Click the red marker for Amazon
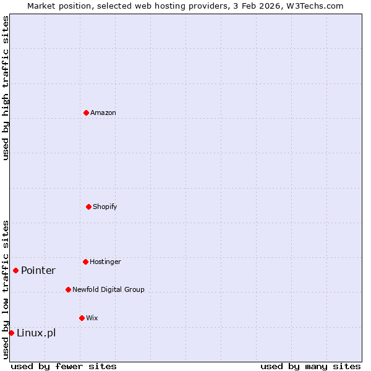click(x=86, y=113)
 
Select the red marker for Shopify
click(x=88, y=207)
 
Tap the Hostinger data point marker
click(x=85, y=262)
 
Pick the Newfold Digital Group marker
click(x=68, y=289)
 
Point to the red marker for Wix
click(x=82, y=318)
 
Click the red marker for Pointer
click(x=15, y=270)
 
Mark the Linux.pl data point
click(x=11, y=333)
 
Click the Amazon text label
click(x=103, y=113)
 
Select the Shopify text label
click(x=105, y=207)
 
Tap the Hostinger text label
click(x=105, y=262)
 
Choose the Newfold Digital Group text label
click(x=108, y=289)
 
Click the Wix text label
click(x=92, y=318)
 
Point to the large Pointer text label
click(x=38, y=270)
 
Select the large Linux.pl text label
click(x=36, y=333)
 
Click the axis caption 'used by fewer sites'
click(x=64, y=366)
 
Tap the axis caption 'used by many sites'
click(x=310, y=366)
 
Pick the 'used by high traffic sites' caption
click(x=6, y=88)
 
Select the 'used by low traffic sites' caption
click(x=6, y=289)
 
